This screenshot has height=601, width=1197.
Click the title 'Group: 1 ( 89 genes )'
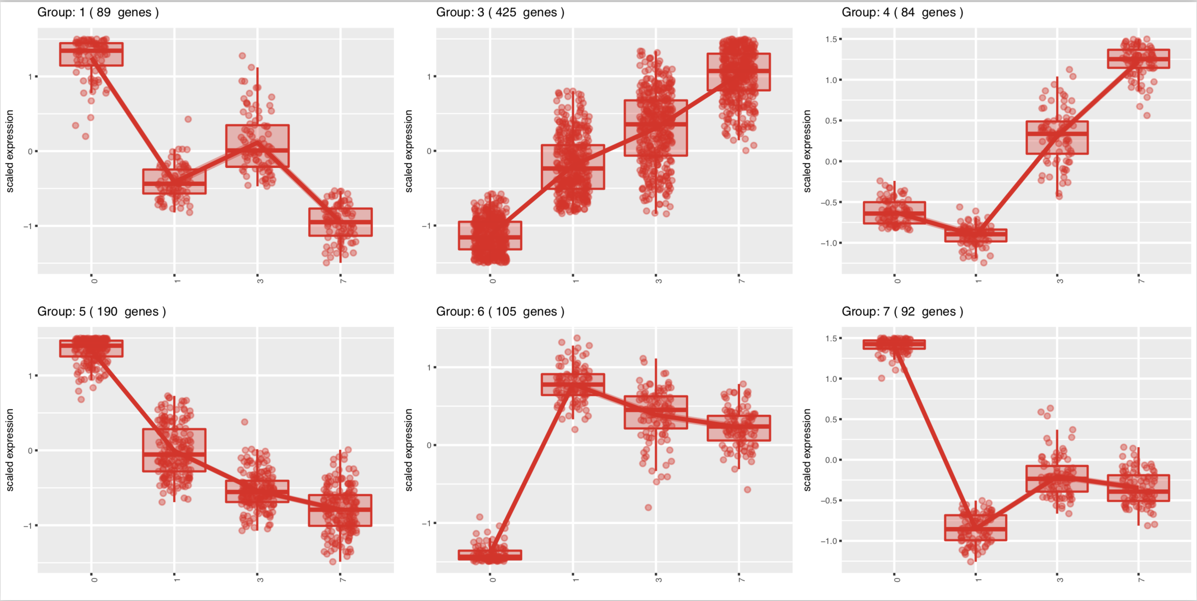tap(98, 12)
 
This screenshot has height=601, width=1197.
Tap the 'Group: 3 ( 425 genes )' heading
tap(500, 12)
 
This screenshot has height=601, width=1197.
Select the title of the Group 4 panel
tap(902, 12)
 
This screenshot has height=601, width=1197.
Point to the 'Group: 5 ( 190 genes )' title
tap(101, 311)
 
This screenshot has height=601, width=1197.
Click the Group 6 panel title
tap(500, 311)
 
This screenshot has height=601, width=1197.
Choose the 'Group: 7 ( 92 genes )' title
tap(902, 311)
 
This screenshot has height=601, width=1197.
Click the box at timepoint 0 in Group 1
tap(92, 54)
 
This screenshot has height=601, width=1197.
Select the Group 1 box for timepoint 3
tap(257, 146)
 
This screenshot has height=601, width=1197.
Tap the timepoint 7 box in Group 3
tap(738, 72)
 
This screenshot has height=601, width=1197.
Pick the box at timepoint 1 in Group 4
tap(976, 235)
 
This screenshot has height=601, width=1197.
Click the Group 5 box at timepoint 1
tap(174, 450)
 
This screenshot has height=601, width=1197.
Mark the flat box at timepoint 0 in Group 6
tap(490, 555)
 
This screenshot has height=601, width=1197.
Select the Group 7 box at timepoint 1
tap(976, 528)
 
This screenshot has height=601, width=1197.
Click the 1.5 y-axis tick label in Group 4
tap(831, 40)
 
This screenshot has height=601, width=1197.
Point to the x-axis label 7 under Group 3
tap(741, 281)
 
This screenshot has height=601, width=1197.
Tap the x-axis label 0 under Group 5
tap(94, 579)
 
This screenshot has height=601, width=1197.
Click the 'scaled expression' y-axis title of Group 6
tap(409, 450)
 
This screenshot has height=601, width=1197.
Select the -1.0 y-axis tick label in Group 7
tap(829, 541)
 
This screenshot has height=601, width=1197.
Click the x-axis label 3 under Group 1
tap(260, 281)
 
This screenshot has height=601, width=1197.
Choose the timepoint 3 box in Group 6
tap(655, 412)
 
